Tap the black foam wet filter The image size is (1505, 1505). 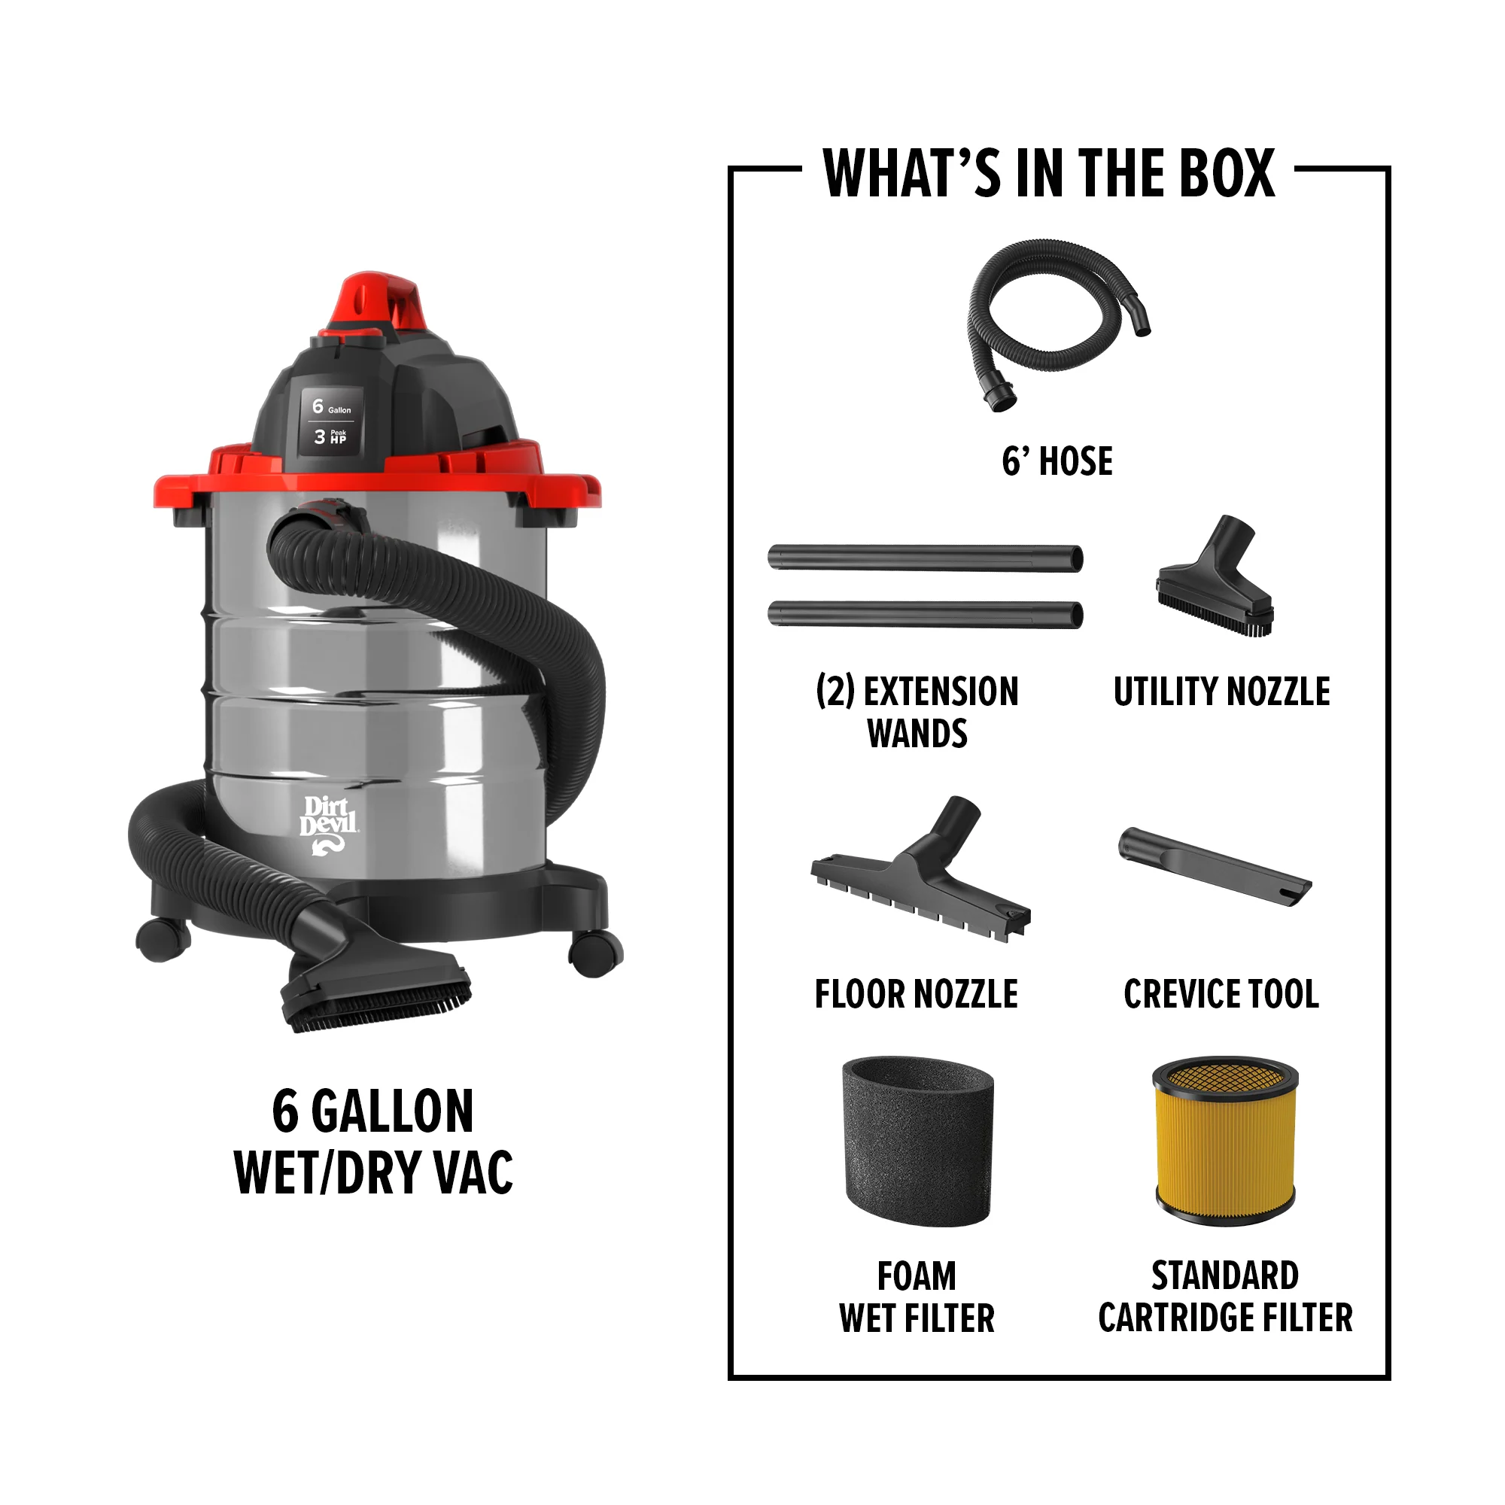[x=917, y=1142]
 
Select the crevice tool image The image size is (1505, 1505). [x=1215, y=867]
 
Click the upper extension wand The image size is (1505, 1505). [x=925, y=558]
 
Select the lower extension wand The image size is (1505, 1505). [x=925, y=615]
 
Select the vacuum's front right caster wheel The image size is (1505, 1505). [x=597, y=952]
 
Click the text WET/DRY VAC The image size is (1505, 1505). [x=373, y=1173]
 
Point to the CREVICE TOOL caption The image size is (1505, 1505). [x=1221, y=995]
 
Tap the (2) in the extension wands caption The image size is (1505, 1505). [x=835, y=691]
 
